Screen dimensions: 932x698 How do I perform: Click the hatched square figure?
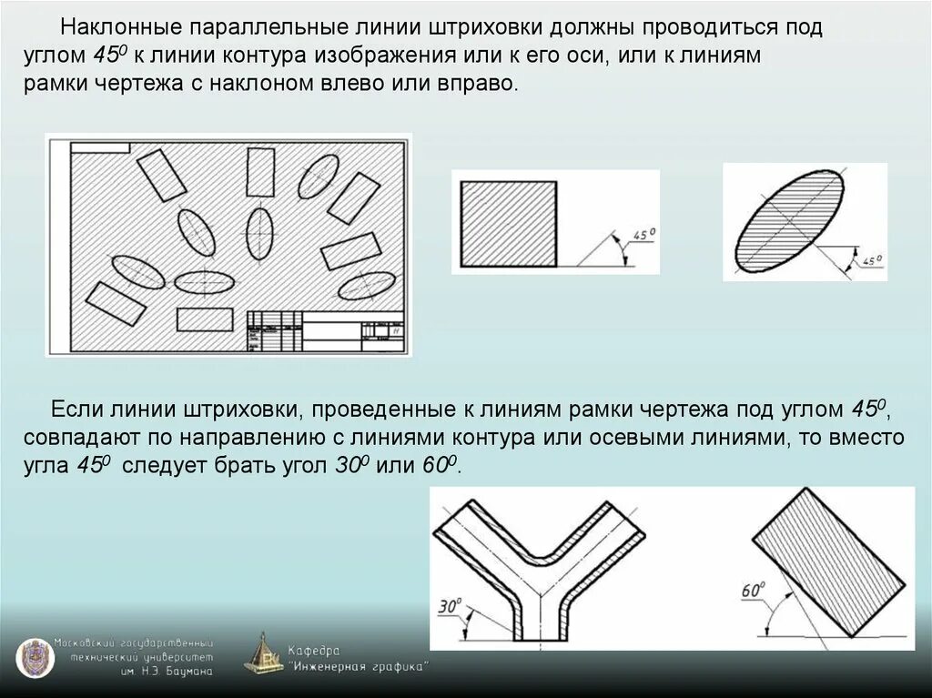click(x=509, y=223)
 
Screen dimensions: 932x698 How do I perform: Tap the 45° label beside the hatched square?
click(x=644, y=237)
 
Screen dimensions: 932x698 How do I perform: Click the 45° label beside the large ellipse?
click(x=871, y=261)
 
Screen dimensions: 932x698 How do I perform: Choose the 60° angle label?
click(x=751, y=591)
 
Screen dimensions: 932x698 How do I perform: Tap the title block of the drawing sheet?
click(x=326, y=330)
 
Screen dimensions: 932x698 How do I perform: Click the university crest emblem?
click(x=34, y=657)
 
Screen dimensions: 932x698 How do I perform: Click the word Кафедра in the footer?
click(x=313, y=651)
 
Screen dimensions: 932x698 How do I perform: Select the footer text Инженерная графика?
click(x=359, y=667)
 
